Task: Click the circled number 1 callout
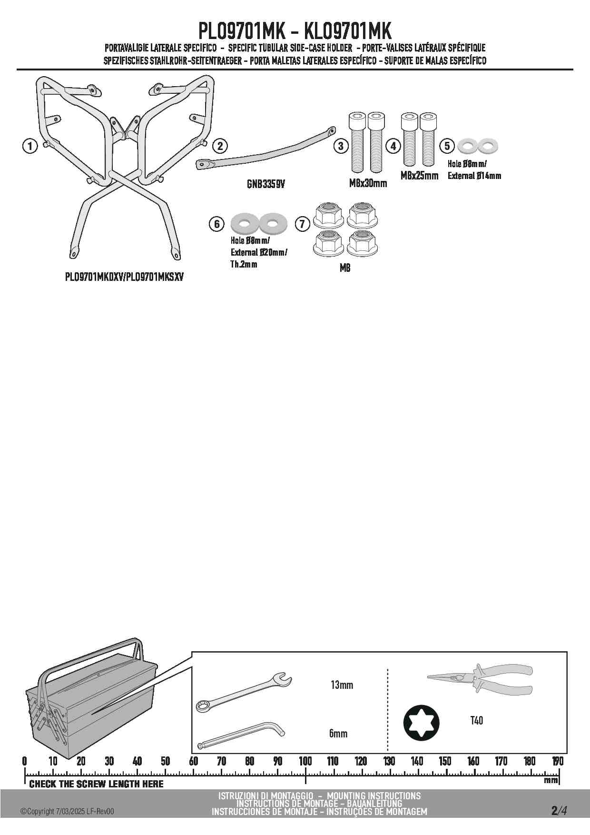coord(29,146)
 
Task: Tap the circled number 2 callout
coord(219,146)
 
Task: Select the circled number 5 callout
coord(447,146)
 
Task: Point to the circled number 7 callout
coord(303,223)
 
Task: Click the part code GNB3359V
coord(265,184)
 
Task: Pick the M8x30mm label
coord(368,183)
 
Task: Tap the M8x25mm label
coord(419,176)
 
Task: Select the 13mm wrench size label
coord(342,685)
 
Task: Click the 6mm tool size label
coord(338,734)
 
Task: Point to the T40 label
coord(476,721)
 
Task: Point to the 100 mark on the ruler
coord(305,761)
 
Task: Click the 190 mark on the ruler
coord(558,761)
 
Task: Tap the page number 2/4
coord(559,811)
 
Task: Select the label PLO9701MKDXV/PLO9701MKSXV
coord(124,277)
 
